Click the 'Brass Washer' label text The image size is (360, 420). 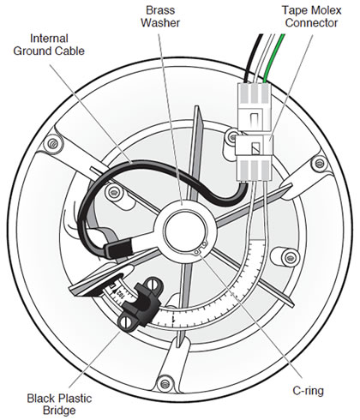[160, 16]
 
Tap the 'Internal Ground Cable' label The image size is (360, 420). [49, 45]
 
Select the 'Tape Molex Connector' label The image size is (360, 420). [311, 16]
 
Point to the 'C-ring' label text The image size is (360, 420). [308, 391]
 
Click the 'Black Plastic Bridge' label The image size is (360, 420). [59, 405]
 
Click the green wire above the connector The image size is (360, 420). [273, 58]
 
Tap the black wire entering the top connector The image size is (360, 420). [253, 57]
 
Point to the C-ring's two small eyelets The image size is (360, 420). [201, 248]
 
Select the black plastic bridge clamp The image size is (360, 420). [140, 304]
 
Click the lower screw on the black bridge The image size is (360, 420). [126, 322]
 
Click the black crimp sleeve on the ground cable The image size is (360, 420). [118, 249]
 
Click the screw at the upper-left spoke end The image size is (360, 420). [52, 143]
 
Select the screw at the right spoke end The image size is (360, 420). [319, 164]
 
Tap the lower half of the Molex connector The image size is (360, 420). [254, 158]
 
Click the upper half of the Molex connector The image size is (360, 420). [254, 108]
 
